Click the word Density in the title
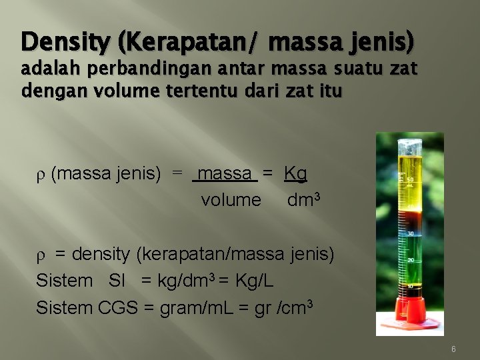66,42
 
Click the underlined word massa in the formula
225,175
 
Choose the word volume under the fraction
231,200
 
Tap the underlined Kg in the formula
295,175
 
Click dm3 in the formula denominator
305,199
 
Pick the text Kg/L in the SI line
255,281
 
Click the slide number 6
453,349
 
